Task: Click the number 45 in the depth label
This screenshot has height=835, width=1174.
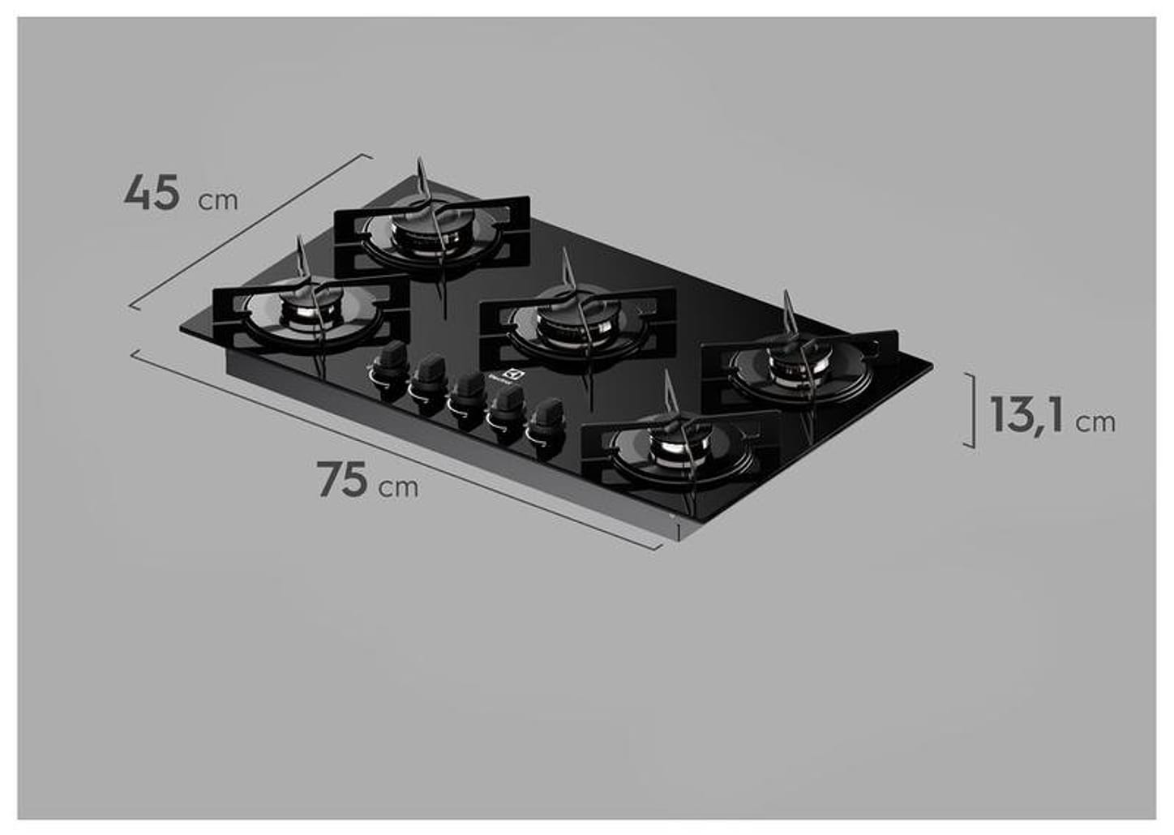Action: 152,195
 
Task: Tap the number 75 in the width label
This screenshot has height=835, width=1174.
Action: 342,480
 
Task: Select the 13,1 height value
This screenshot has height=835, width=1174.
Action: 1026,415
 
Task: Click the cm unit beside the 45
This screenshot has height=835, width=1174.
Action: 218,200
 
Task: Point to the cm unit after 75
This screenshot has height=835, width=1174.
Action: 399,486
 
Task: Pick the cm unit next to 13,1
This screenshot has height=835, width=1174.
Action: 1095,422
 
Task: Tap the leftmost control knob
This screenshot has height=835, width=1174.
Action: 392,358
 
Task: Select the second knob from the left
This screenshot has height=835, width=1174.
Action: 428,373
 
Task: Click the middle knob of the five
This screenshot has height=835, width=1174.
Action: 468,389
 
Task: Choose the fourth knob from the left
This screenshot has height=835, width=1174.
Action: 508,404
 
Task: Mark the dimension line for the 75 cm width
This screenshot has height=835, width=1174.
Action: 397,451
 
